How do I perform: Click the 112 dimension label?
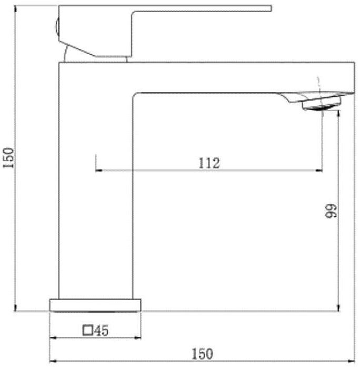[209, 163]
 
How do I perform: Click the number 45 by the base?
[102, 331]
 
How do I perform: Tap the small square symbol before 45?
[88, 331]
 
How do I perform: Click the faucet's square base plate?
[95, 305]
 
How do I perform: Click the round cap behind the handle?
[57, 27]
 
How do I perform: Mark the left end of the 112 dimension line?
[95, 170]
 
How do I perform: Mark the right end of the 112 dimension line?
[322, 170]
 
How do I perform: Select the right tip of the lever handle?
[271, 8]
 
